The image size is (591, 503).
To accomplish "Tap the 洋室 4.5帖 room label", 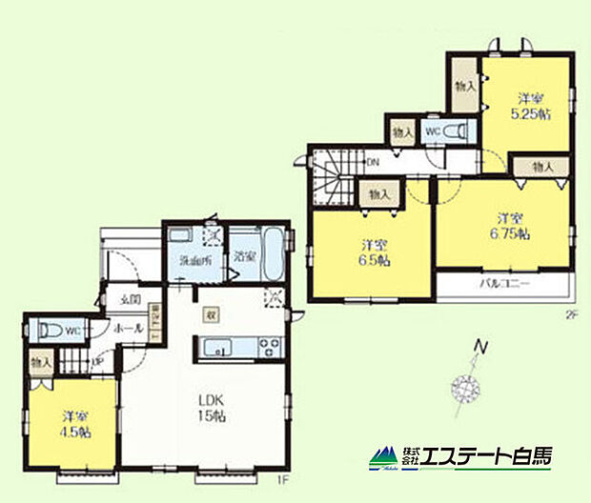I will [73, 424].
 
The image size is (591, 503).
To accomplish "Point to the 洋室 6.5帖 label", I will [374, 251].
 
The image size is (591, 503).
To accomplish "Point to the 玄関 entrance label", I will [131, 300].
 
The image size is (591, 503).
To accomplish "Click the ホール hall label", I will [129, 329].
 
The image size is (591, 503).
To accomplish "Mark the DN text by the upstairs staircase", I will [374, 163].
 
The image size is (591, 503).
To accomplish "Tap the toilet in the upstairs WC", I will [459, 131].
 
